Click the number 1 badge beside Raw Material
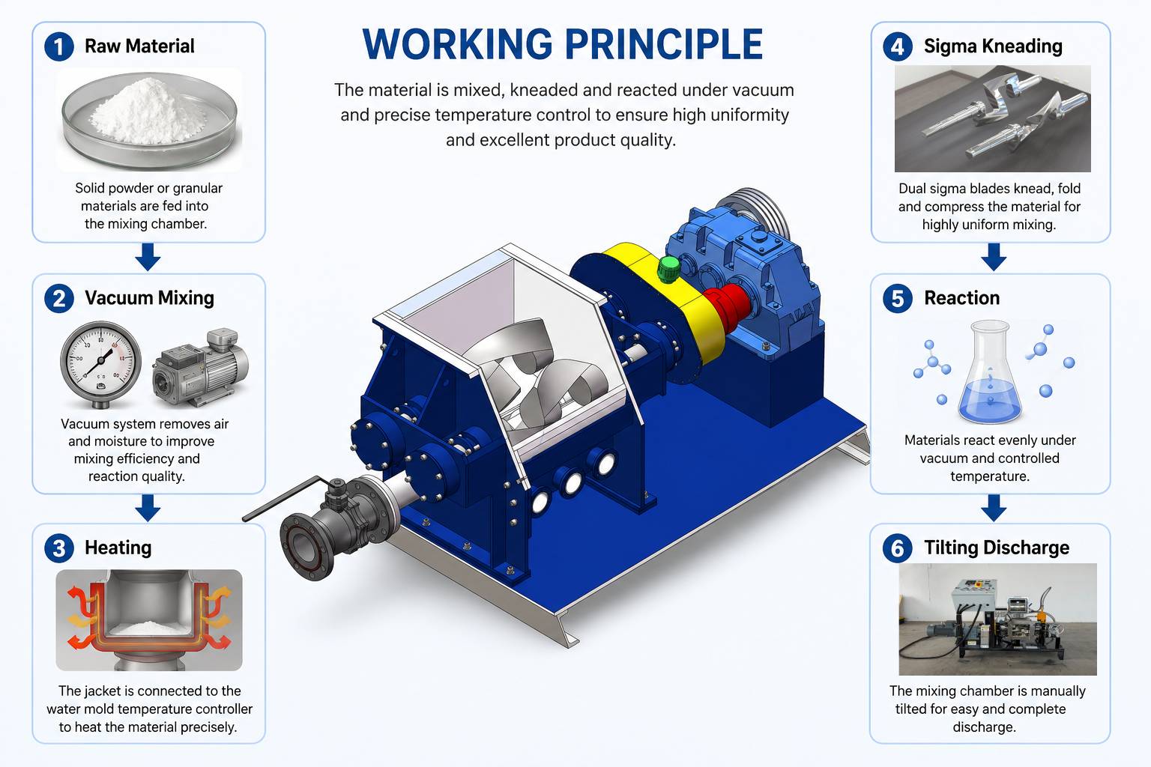click(x=59, y=46)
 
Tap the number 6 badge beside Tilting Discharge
click(x=897, y=548)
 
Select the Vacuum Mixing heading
click(x=149, y=298)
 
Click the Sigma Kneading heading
click(x=993, y=46)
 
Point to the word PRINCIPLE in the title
click(x=664, y=44)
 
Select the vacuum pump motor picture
click(x=201, y=368)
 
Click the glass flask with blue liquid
click(x=990, y=372)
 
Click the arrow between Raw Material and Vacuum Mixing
click(x=148, y=257)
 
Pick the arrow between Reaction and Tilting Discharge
click(x=994, y=508)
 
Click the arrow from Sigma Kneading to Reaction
click(x=994, y=257)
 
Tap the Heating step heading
click(x=118, y=548)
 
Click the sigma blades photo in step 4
click(x=993, y=118)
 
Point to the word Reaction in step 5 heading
click(x=962, y=298)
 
